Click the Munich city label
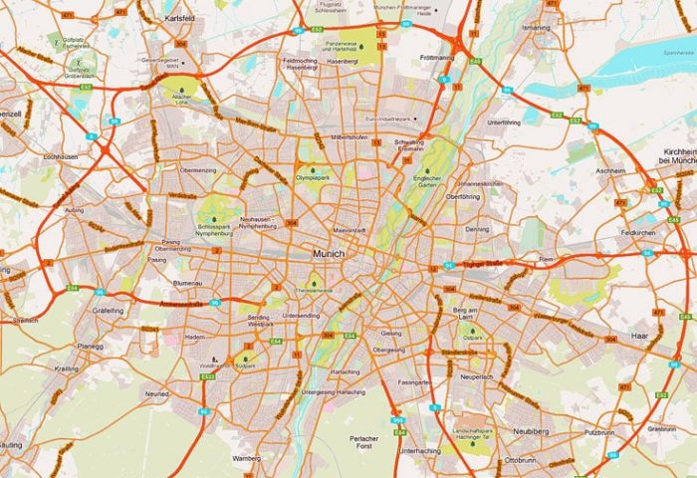[x=328, y=254]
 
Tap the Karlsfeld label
[x=182, y=19]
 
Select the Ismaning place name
[x=535, y=28]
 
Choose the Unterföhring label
[x=504, y=121]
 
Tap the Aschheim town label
[x=609, y=170]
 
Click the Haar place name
[x=639, y=337]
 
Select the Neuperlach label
[x=475, y=376]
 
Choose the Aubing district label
[x=75, y=211]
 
